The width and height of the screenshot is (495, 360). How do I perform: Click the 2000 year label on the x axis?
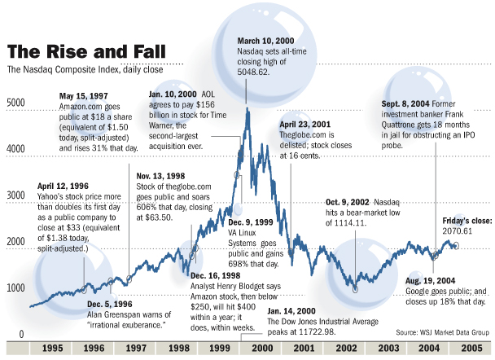point(262,348)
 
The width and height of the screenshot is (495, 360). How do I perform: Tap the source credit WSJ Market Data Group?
point(440,333)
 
